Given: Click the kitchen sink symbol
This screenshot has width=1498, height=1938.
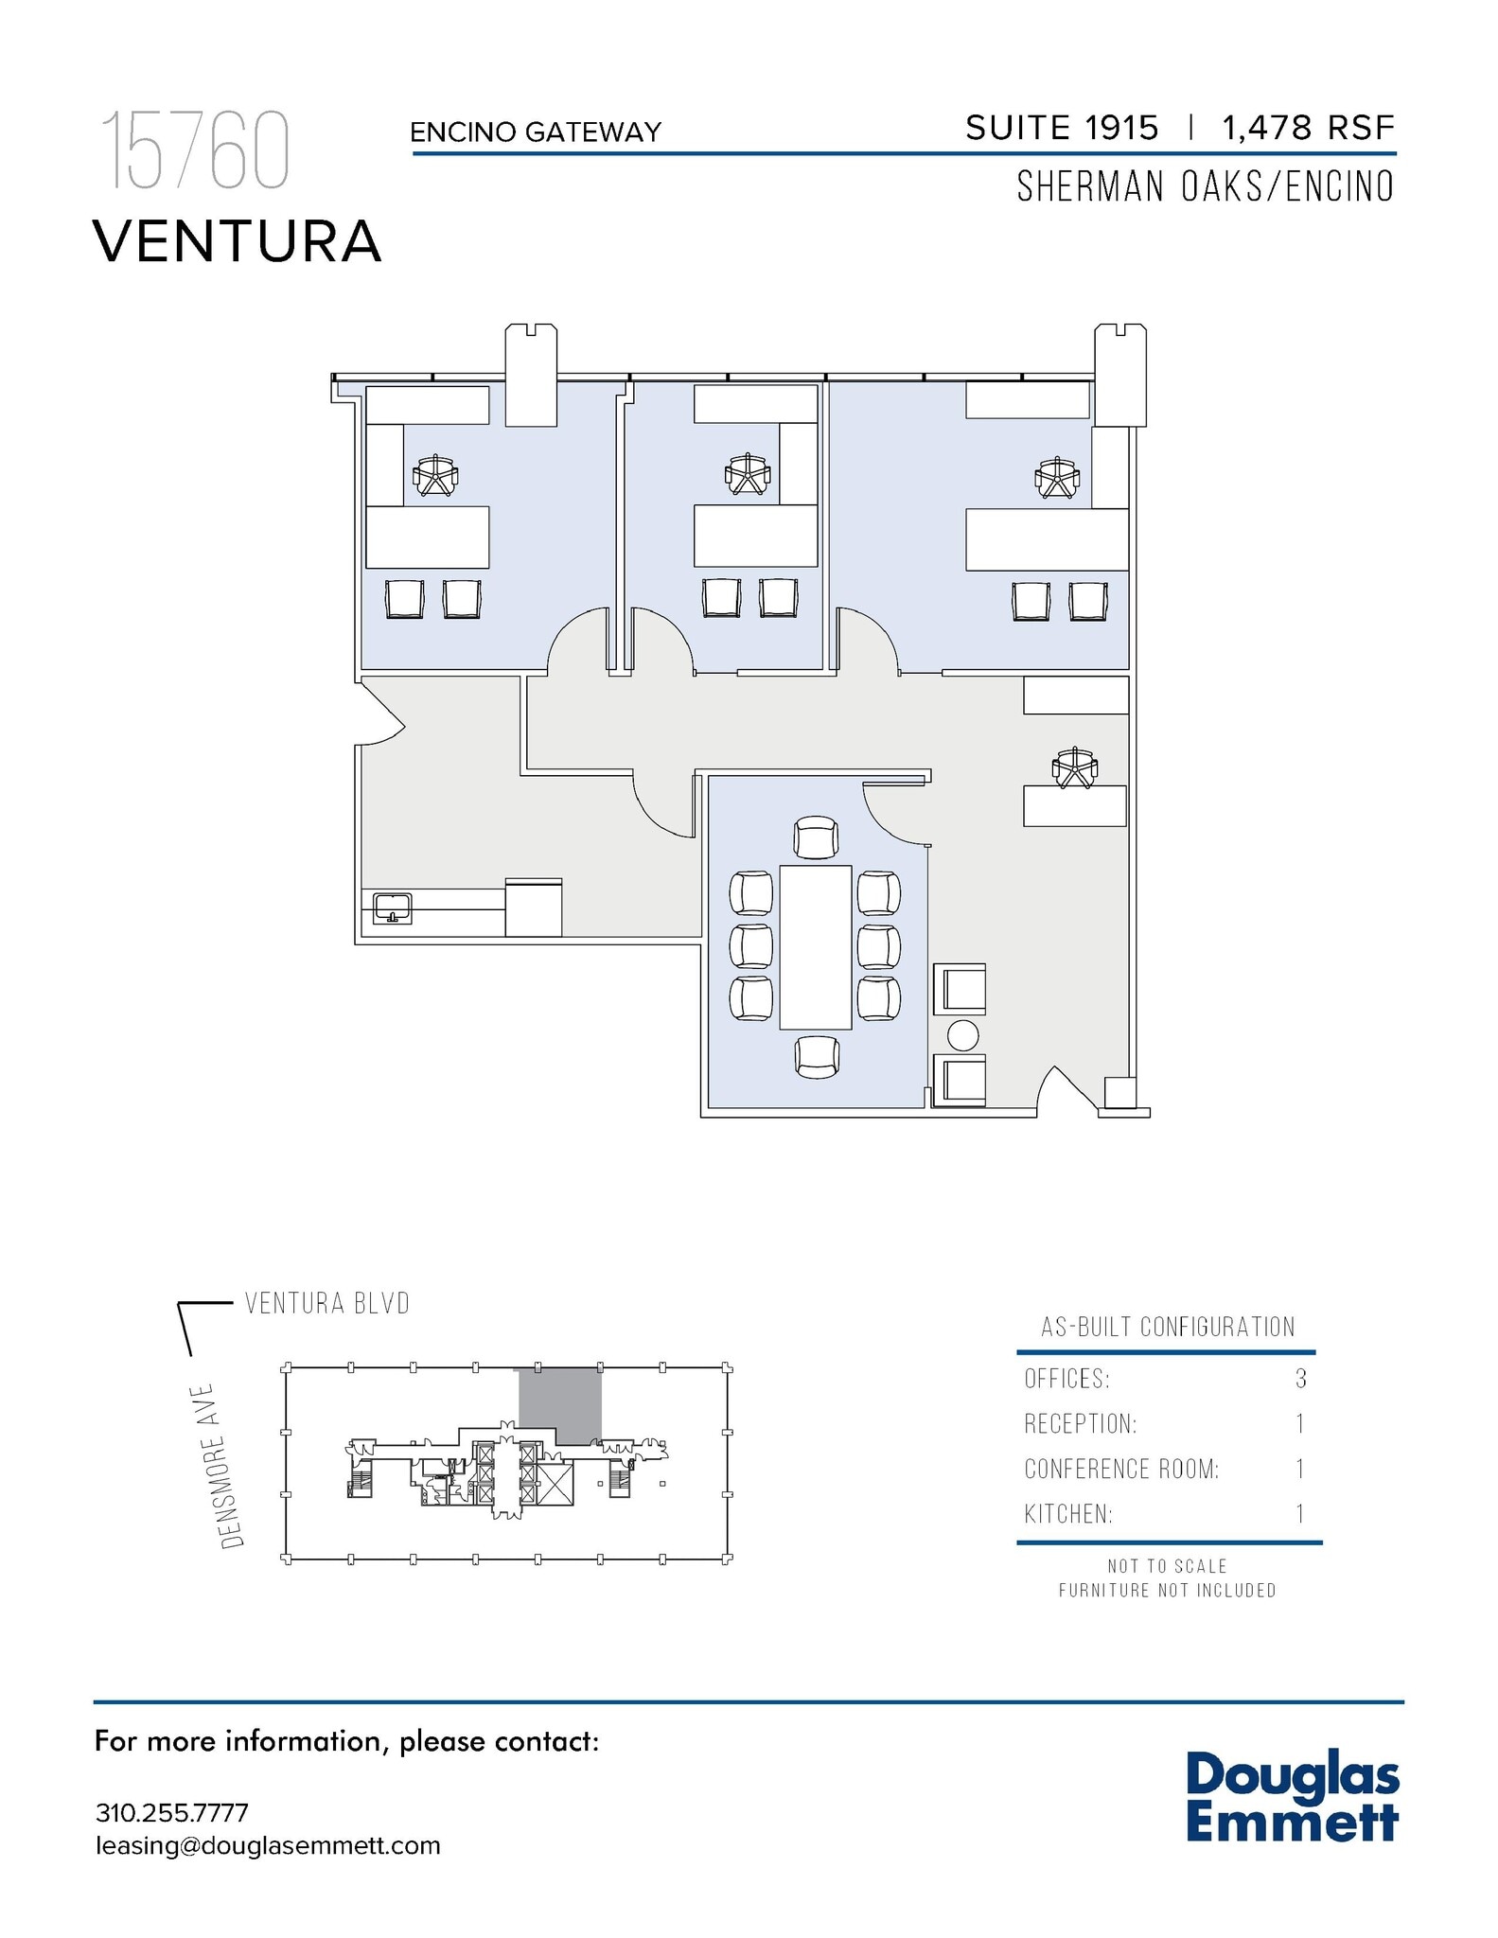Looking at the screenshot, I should (x=393, y=908).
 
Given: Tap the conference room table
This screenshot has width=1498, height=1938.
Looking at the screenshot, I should (x=815, y=946).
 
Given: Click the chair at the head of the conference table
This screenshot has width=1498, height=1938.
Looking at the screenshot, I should (x=816, y=837).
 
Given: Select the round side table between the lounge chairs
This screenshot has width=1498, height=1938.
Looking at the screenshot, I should (x=962, y=1036).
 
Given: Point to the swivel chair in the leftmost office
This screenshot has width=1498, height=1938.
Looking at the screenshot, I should (x=435, y=476).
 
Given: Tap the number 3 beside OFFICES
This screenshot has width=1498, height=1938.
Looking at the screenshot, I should (x=1301, y=1379).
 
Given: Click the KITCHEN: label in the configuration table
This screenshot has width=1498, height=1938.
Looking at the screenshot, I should (x=1068, y=1514).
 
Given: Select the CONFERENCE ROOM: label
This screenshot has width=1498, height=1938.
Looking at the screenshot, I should (x=1121, y=1469).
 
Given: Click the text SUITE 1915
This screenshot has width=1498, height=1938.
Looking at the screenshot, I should (x=1062, y=129).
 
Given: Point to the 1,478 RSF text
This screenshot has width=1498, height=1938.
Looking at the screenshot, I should (x=1308, y=129).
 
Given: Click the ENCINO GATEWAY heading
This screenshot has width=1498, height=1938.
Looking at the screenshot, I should (x=536, y=132).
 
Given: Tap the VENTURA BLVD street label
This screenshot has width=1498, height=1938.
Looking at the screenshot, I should (x=327, y=1303).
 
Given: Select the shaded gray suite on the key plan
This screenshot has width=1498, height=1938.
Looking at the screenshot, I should (x=559, y=1402).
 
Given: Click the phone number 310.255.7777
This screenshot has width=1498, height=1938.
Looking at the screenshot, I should (x=172, y=1813).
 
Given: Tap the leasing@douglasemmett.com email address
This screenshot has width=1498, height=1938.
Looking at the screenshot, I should (x=268, y=1845).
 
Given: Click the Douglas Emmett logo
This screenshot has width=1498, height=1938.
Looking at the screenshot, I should (x=1292, y=1797).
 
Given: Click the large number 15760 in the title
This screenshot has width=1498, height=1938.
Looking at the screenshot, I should (x=195, y=151).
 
